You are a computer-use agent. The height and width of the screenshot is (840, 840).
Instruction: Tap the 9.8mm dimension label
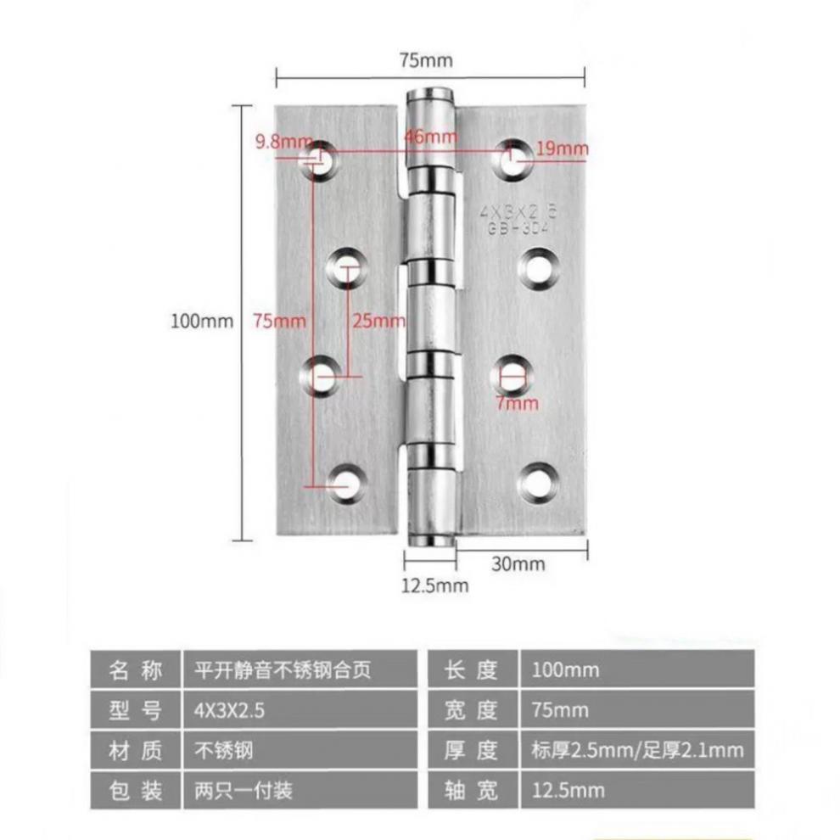[x=278, y=142]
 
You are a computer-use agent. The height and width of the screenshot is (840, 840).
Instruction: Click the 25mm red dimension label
[x=378, y=321]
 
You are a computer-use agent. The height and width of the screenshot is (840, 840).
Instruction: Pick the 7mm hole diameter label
[x=518, y=403]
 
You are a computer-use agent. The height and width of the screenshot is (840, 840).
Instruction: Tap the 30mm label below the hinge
[x=518, y=564]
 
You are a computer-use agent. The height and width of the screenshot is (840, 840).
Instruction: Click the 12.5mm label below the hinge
[x=434, y=585]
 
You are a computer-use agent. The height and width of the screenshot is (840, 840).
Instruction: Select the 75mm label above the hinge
[x=426, y=60]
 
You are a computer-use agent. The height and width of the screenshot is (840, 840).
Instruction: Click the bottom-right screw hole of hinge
[x=536, y=482]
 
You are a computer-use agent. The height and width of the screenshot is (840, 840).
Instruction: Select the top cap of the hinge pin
[x=431, y=95]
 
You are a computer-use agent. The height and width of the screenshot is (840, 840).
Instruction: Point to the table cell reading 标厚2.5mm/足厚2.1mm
[x=636, y=751]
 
